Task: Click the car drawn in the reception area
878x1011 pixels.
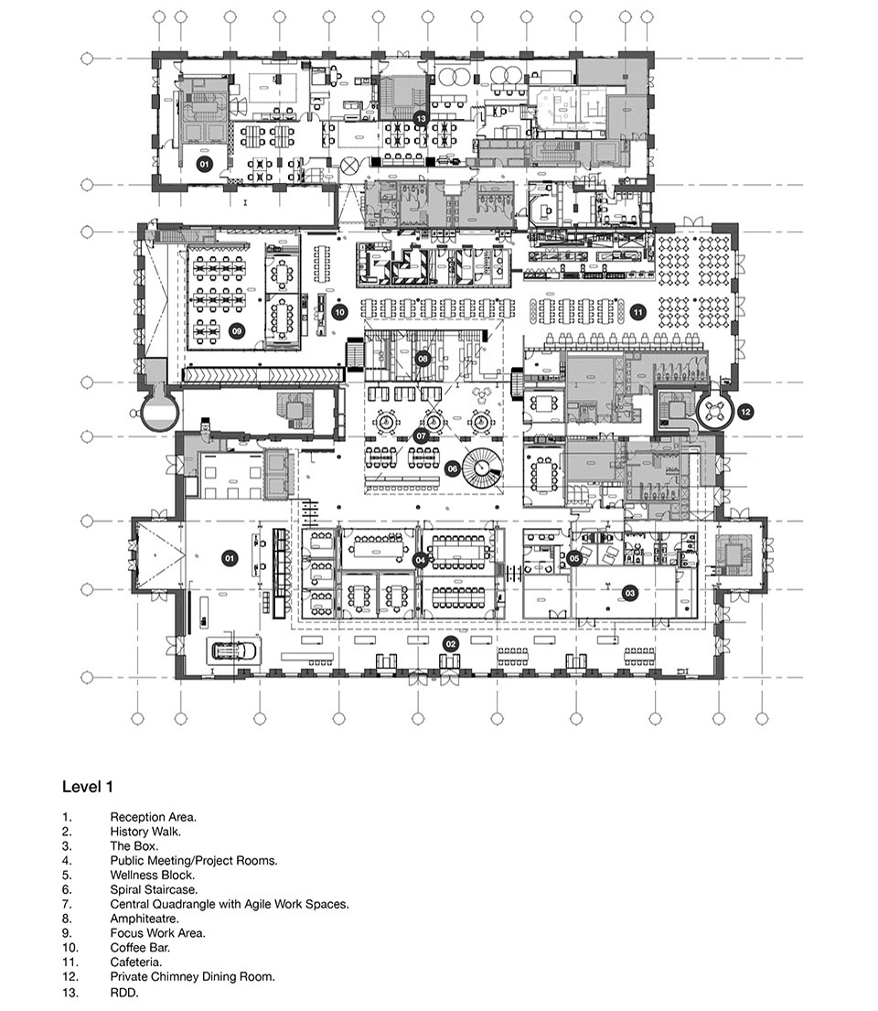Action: [x=235, y=651]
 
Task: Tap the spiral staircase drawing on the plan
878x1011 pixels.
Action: [x=481, y=470]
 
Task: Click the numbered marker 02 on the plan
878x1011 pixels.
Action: [x=450, y=644]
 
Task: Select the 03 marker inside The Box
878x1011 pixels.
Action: [x=629, y=594]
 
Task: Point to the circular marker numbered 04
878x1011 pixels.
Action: [x=420, y=559]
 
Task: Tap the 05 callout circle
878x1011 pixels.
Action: [x=574, y=558]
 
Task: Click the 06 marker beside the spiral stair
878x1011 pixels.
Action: [x=452, y=468]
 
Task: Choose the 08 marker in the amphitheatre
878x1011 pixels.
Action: [x=423, y=359]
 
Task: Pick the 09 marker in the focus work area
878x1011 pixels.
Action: [x=236, y=331]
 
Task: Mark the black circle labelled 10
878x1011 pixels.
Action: [x=338, y=312]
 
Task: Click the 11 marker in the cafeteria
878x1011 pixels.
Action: [x=637, y=312]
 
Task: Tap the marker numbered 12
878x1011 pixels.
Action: [x=745, y=412]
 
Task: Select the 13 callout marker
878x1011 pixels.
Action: [x=421, y=119]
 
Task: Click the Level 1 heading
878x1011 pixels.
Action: [x=88, y=786]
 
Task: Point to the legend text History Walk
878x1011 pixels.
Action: [x=145, y=832]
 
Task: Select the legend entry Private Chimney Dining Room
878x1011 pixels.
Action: [x=192, y=977]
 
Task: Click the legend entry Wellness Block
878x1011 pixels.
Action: [x=152, y=875]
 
